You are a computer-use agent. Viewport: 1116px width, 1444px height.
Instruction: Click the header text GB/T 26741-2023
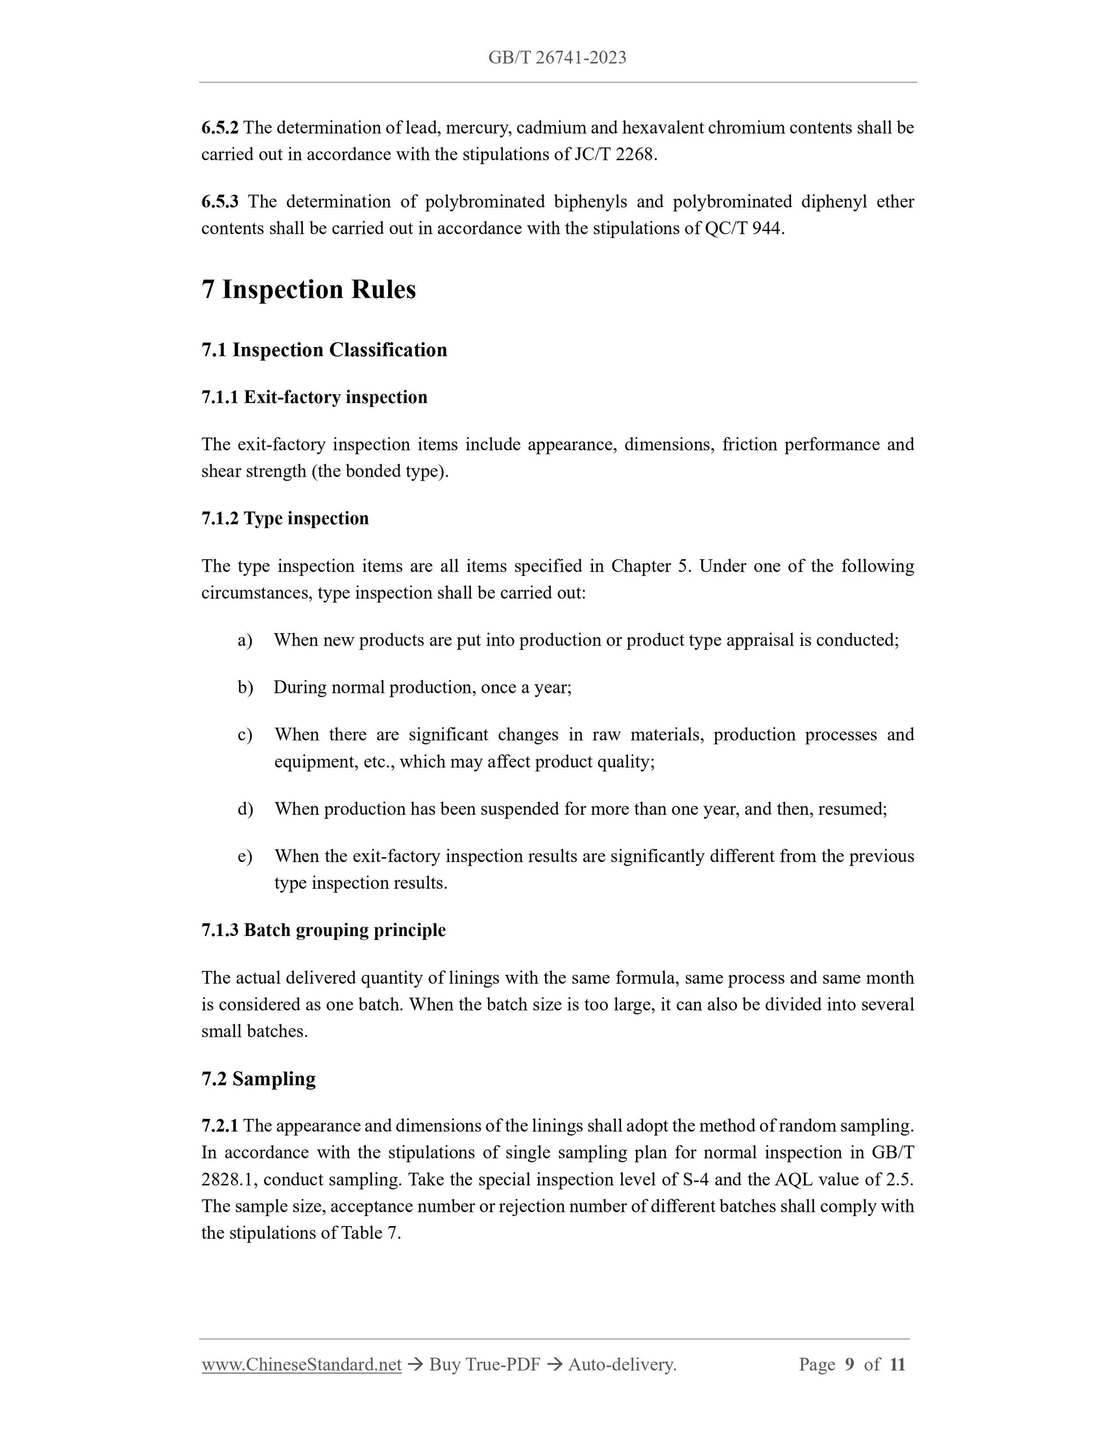coord(557,58)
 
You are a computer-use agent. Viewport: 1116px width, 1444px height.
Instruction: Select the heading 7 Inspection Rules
coord(309,290)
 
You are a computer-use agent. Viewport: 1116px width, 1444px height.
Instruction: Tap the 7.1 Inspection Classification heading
coord(324,350)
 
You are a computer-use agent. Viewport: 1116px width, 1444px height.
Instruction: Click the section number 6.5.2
coord(220,128)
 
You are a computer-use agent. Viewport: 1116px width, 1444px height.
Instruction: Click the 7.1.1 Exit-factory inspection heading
coord(314,397)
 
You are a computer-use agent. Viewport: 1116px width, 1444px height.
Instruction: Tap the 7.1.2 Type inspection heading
coord(285,518)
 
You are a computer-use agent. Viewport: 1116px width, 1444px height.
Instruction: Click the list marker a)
coord(245,640)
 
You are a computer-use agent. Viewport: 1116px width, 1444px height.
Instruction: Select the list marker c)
coord(245,735)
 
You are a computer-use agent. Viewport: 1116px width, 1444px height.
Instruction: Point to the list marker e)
coord(245,857)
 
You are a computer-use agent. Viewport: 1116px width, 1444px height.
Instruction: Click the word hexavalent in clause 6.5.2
coord(662,128)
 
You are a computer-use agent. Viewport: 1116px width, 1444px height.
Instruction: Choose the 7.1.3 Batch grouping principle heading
coord(323,930)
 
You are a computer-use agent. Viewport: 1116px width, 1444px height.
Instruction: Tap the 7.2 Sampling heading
coord(259,1078)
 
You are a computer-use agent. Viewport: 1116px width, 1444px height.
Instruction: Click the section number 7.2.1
coord(220,1126)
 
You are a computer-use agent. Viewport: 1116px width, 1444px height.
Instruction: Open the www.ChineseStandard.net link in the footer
coord(302,1364)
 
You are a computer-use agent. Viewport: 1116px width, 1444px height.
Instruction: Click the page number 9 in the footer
coord(849,1364)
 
